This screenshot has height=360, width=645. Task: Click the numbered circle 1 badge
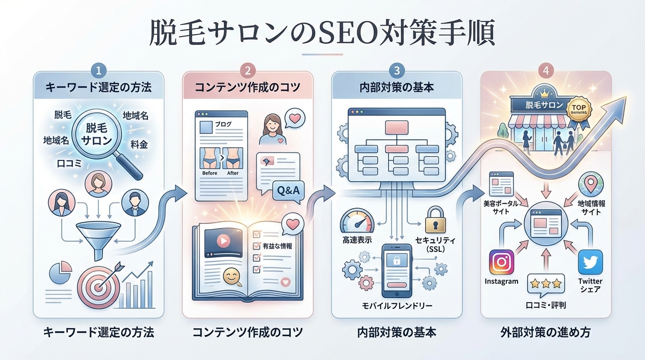click(98, 70)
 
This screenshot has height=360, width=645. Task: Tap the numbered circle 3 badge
click(397, 70)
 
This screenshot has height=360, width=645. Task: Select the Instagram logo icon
click(501, 262)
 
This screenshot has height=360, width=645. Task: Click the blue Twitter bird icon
click(590, 262)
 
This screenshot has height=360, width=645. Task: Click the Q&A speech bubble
click(288, 191)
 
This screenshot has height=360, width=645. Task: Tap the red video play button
click(223, 240)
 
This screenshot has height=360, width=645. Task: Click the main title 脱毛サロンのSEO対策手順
click(322, 34)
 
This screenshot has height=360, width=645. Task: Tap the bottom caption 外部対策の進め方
click(545, 333)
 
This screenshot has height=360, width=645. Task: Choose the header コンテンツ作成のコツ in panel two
click(247, 87)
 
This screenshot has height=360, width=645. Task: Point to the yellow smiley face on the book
click(231, 276)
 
